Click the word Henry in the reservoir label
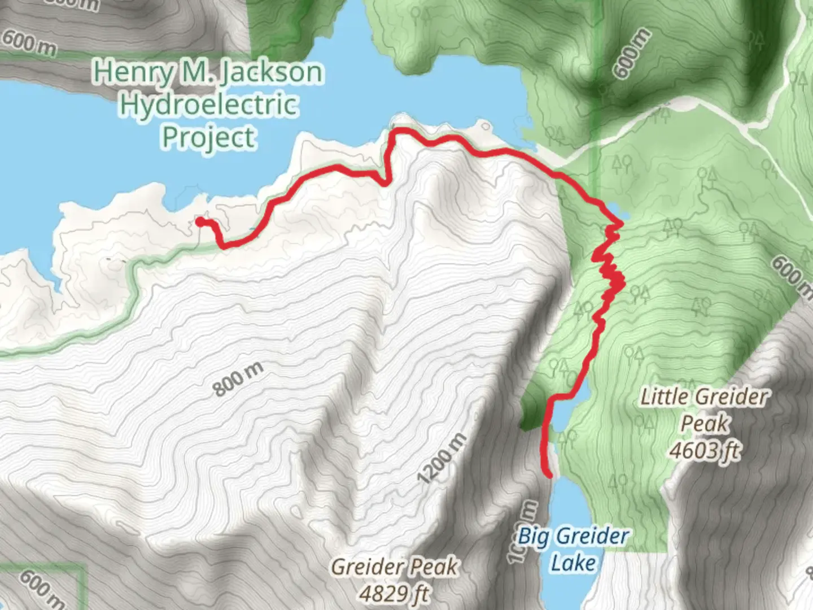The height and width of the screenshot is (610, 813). point(133,72)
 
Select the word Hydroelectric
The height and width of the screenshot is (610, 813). point(208,105)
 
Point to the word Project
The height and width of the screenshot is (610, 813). point(209,137)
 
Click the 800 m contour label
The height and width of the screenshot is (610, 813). point(238,380)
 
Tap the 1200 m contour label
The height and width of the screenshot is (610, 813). point(443,458)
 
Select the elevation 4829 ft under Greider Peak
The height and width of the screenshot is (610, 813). point(394,594)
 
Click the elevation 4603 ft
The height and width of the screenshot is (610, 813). point(704,450)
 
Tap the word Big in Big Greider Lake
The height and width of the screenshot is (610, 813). point(532,536)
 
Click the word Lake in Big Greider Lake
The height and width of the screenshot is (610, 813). point(573,563)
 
